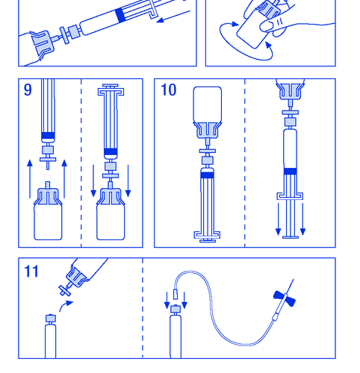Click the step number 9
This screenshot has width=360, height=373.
[x=28, y=90]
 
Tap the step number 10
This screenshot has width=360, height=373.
[x=169, y=90]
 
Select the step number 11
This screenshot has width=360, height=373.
[x=31, y=272]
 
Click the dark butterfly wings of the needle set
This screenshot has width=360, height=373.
[x=285, y=298]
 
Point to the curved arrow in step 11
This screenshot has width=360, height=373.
[x=65, y=305]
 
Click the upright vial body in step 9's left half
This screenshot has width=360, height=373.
[x=48, y=222]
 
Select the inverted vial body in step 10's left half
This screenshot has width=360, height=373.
[x=208, y=104]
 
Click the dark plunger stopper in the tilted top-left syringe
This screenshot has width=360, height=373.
[x=120, y=15]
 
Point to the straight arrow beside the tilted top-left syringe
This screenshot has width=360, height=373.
[x=173, y=16]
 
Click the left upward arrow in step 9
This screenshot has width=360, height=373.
[x=30, y=179]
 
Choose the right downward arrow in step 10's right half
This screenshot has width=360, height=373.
[x=302, y=219]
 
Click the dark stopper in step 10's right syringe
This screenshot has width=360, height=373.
[x=290, y=171]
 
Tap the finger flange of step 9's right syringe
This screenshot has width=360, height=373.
[x=111, y=92]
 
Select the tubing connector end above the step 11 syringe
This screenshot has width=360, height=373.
[x=176, y=294]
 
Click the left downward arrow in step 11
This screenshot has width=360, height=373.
[x=167, y=300]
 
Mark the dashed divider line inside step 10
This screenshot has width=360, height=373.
[x=245, y=163]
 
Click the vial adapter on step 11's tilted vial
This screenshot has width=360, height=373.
[x=75, y=277]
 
